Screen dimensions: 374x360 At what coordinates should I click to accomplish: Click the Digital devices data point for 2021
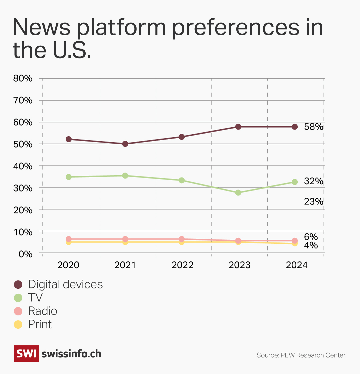pyautogui.click(x=125, y=144)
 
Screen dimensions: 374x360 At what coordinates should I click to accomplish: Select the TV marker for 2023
pyautogui.click(x=238, y=192)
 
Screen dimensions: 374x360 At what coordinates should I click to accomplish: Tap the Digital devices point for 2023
pyautogui.click(x=238, y=127)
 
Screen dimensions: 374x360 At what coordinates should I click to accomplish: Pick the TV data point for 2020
pyautogui.click(x=69, y=177)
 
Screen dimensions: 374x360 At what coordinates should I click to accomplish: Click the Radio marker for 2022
pyautogui.click(x=182, y=239)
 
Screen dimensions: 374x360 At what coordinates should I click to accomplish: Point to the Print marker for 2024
pyautogui.click(x=295, y=243)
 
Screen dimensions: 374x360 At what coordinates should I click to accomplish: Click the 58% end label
pyautogui.click(x=313, y=127)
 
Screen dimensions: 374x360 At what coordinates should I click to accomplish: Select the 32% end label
pyautogui.click(x=313, y=181)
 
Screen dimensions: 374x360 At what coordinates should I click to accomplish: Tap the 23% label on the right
pyautogui.click(x=313, y=201)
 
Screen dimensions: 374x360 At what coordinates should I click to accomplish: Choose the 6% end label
pyautogui.click(x=311, y=237)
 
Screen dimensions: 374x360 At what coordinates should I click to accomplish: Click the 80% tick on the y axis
pyautogui.click(x=23, y=78)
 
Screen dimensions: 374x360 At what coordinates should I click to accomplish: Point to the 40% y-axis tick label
pyautogui.click(x=23, y=166)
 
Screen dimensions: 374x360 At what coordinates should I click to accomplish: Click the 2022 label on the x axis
pyautogui.click(x=182, y=265)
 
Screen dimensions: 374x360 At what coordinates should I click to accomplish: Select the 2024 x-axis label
pyautogui.click(x=297, y=265)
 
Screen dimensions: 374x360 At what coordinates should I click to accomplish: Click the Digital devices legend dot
pyautogui.click(x=18, y=284)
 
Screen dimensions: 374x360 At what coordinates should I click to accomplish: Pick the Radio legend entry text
pyautogui.click(x=43, y=311)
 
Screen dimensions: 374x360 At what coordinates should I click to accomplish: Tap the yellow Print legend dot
pyautogui.click(x=18, y=324)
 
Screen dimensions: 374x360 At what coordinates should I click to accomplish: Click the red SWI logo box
pyautogui.click(x=26, y=353)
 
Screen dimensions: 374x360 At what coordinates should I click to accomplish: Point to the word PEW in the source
pyautogui.click(x=287, y=355)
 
